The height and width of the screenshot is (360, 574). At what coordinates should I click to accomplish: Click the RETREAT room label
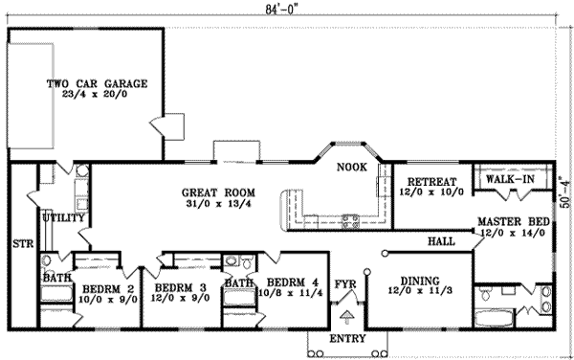(x=430, y=182)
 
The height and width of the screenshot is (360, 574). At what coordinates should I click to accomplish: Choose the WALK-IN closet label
(x=510, y=179)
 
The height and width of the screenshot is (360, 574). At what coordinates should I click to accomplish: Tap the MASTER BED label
(x=514, y=222)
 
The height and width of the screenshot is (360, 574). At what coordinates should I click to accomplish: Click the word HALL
(x=441, y=241)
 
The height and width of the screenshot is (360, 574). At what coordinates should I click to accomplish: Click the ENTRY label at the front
(x=345, y=338)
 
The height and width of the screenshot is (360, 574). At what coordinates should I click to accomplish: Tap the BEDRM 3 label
(x=180, y=286)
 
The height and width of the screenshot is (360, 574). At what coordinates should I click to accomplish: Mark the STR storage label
(x=22, y=244)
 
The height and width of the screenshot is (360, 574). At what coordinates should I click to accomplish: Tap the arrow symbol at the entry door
(x=345, y=313)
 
